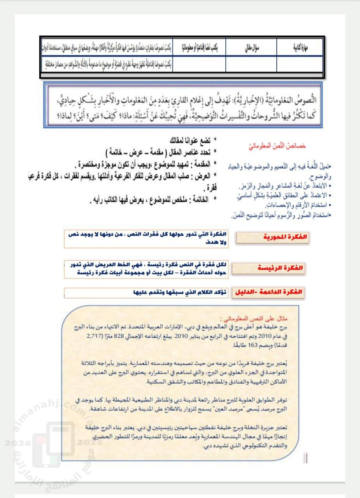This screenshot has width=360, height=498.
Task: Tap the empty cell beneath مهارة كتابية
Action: point(300,64)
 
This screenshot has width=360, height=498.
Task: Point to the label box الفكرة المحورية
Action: point(272,237)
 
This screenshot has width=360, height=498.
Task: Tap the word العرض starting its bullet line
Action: point(200,176)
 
